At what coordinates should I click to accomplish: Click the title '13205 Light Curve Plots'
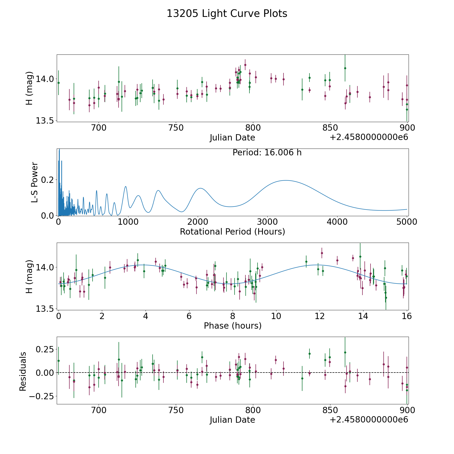click(227, 14)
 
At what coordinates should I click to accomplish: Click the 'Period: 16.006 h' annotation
click(267, 153)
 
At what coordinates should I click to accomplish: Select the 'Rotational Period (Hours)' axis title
click(232, 232)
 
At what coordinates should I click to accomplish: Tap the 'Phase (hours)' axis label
click(232, 326)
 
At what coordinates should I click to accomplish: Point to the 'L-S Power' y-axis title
click(35, 182)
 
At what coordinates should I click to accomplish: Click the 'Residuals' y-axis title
click(23, 372)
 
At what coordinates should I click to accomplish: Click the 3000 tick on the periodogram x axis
click(267, 222)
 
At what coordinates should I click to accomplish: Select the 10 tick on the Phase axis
click(276, 316)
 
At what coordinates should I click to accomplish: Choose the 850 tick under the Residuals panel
click(330, 410)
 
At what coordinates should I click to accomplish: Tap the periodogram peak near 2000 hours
click(200, 188)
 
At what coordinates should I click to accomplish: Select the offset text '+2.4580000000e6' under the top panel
click(369, 137)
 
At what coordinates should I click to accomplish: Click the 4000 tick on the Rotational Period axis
click(337, 222)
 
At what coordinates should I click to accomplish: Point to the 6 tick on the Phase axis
click(189, 316)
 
